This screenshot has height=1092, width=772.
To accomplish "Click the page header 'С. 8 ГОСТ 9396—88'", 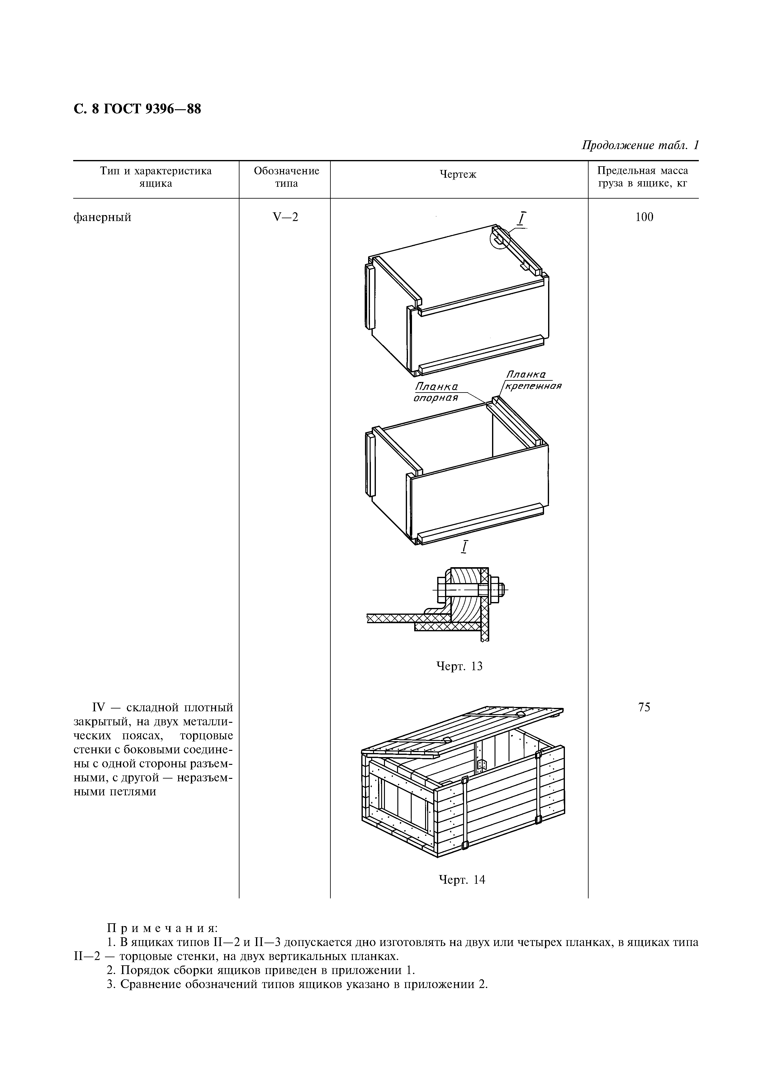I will click(x=137, y=109).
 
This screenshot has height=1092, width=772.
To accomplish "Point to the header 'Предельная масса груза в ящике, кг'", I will click(x=643, y=177).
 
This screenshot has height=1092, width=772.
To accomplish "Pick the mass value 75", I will click(x=644, y=707).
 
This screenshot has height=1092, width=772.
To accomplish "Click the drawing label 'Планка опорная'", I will click(x=436, y=392).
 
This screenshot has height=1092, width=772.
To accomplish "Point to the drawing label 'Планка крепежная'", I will click(x=531, y=381).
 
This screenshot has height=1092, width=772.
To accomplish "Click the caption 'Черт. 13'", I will click(x=459, y=666).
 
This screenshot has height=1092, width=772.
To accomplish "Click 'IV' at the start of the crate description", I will click(x=97, y=708).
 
